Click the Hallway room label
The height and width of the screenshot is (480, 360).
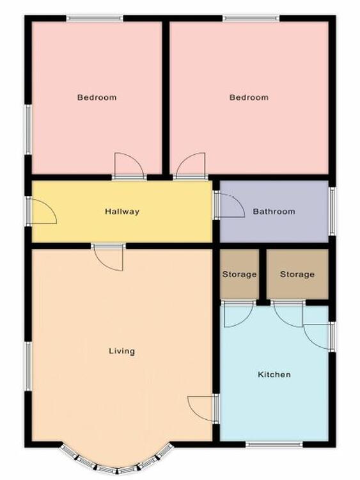[x=122, y=212]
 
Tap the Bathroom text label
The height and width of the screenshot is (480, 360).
[x=274, y=212]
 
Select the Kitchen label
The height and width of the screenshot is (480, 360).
[x=274, y=374]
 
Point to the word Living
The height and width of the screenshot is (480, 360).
[x=121, y=351]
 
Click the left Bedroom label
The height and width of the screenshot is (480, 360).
[x=97, y=97]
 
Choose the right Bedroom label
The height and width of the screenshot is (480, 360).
[x=249, y=97]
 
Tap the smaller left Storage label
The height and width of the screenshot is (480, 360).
[x=239, y=275]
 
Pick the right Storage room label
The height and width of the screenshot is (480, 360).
[x=297, y=275]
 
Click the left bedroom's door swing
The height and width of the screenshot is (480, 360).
[x=129, y=164]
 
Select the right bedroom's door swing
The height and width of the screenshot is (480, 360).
[x=191, y=164]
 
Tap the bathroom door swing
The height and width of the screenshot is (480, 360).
[x=232, y=205]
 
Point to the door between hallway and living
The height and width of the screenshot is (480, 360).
[x=109, y=259]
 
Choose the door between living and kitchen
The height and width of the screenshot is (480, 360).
[x=201, y=409]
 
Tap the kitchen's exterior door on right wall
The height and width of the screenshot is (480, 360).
[x=317, y=337]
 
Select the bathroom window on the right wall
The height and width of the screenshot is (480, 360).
[x=332, y=211]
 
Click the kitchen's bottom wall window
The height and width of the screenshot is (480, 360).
[x=274, y=444]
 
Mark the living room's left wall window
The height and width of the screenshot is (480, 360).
[x=28, y=366]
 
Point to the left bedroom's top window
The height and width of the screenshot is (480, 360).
[x=95, y=19]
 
